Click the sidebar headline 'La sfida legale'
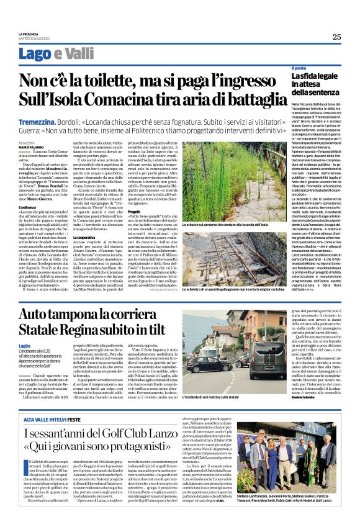313,76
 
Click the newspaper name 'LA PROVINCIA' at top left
29,34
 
